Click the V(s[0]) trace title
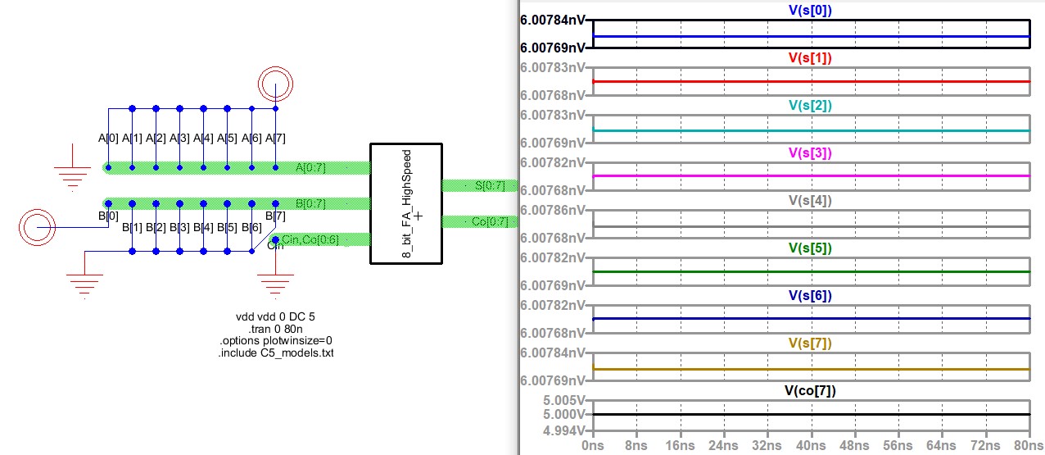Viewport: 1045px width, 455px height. (810, 10)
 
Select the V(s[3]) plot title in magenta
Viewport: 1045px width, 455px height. (810, 152)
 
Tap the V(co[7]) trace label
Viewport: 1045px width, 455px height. (810, 390)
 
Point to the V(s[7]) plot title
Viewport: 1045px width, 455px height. (810, 344)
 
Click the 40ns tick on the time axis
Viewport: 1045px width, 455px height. (810, 445)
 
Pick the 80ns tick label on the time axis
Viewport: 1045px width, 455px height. (1028, 445)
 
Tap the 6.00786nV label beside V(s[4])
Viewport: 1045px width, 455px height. (553, 210)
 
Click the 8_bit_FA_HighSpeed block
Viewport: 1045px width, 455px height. (406, 204)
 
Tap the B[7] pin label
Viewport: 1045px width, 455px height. (276, 216)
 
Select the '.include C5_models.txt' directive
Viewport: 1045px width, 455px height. (275, 353)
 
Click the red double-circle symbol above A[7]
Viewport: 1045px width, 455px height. (275, 84)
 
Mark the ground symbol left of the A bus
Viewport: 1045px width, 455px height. (73, 175)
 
